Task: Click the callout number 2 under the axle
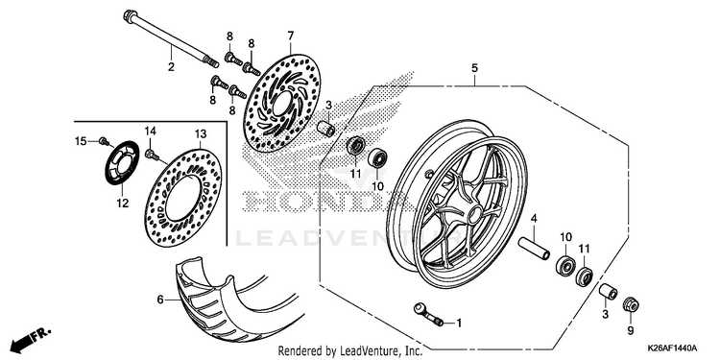[171, 67]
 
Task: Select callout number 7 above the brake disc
[291, 36]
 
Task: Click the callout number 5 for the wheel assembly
[474, 68]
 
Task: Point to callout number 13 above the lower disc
[201, 134]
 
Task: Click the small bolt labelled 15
[105, 141]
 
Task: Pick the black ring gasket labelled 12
[123, 162]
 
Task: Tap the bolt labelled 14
[152, 155]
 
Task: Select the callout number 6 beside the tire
[160, 300]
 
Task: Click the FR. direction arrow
[31, 339]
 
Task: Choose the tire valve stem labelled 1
[428, 315]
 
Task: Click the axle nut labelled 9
[631, 304]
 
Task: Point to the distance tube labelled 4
[534, 248]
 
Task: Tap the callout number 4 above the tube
[534, 219]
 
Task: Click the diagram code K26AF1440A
[672, 348]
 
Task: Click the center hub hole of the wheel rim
[475, 213]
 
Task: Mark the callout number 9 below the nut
[631, 330]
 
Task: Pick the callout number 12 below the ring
[123, 204]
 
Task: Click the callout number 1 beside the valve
[459, 324]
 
